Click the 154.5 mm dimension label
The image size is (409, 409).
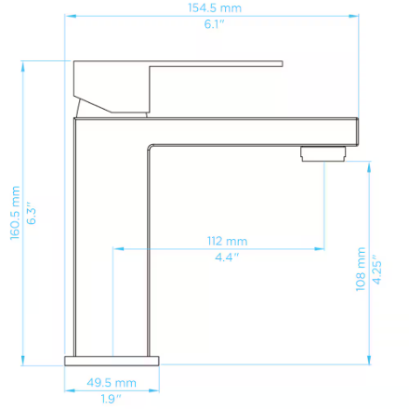pyautogui.click(x=215, y=7)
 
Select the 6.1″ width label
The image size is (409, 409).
pyautogui.click(x=214, y=24)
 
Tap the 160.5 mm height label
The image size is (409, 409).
pyautogui.click(x=15, y=213)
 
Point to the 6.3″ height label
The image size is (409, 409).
pyautogui.click(x=32, y=213)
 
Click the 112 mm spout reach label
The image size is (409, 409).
pyautogui.click(x=228, y=241)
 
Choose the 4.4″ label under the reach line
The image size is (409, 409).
pyautogui.click(x=227, y=257)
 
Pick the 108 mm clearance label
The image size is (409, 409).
pyautogui.click(x=361, y=269)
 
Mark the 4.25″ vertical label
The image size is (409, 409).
pyautogui.click(x=376, y=270)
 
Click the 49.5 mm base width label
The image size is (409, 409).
pyautogui.click(x=112, y=383)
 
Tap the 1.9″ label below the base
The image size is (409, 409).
pyautogui.click(x=111, y=399)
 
